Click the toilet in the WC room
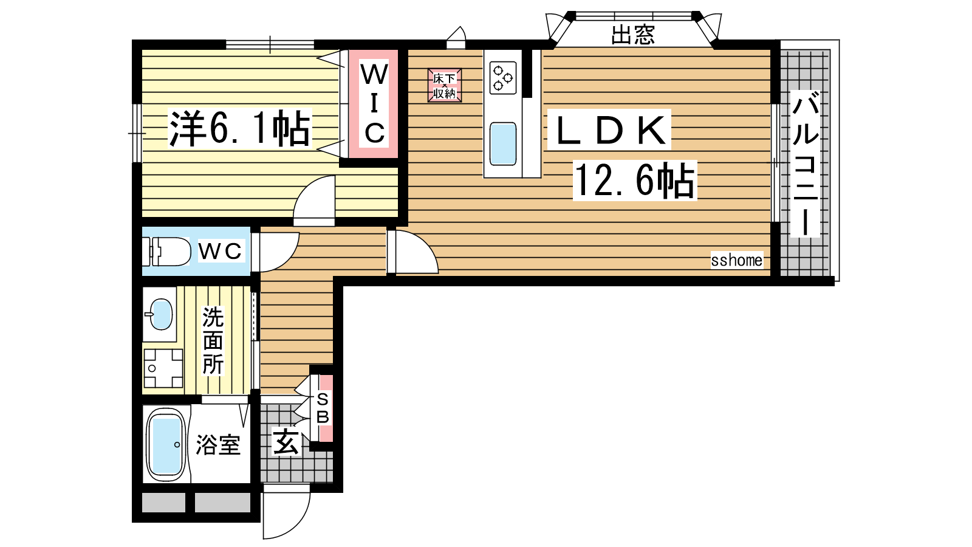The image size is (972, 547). click(166, 252)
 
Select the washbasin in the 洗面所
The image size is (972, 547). click(160, 314)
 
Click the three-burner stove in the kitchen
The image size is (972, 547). click(503, 78)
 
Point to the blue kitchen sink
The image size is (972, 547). click(503, 143)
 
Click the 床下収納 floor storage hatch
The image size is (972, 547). click(444, 85)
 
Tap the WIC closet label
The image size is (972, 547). click(374, 103)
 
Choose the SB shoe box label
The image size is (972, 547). click(323, 408)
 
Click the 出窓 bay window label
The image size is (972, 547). click(632, 35)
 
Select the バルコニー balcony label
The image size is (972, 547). click(806, 163)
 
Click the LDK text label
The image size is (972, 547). click(610, 130)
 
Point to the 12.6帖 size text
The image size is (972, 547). click(635, 180)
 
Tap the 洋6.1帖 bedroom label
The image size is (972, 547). click(240, 128)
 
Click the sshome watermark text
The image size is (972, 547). click(736, 261)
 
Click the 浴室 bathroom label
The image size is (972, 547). click(218, 444)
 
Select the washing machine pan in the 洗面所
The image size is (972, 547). click(163, 368)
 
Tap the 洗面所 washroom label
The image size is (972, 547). click(213, 340)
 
